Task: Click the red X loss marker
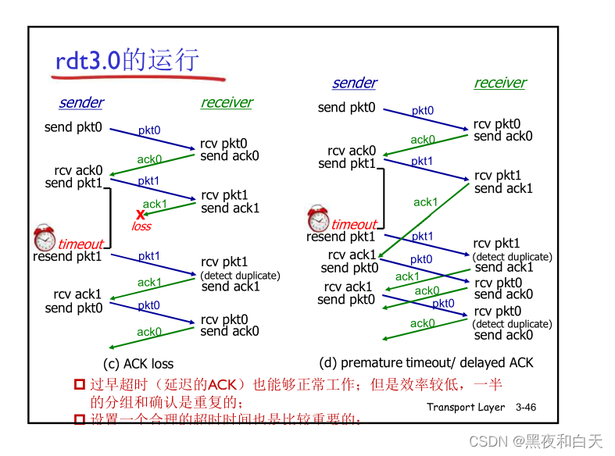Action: pyautogui.click(x=141, y=214)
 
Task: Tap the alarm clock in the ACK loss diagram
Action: pyautogui.click(x=45, y=237)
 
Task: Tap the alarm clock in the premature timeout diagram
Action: pyautogui.click(x=318, y=218)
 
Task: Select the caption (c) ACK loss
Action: pyautogui.click(x=138, y=364)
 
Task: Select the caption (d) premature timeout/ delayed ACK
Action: pyautogui.click(x=426, y=362)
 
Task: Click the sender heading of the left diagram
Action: pyautogui.click(x=81, y=102)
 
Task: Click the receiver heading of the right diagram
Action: pyautogui.click(x=500, y=83)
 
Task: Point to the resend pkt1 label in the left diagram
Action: pyautogui.click(x=68, y=256)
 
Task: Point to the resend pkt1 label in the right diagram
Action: pyautogui.click(x=341, y=237)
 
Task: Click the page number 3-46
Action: pyautogui.click(x=526, y=407)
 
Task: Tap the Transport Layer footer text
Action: pyautogui.click(x=467, y=407)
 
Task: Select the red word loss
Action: pyautogui.click(x=141, y=226)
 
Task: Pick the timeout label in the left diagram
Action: pyautogui.click(x=80, y=244)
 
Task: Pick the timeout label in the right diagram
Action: pyautogui.click(x=354, y=224)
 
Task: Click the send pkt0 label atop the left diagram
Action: pyautogui.click(x=73, y=126)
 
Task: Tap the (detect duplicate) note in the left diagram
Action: pyautogui.click(x=240, y=275)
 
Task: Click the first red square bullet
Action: pyautogui.click(x=79, y=384)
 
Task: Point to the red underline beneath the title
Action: pyautogui.click(x=139, y=78)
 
